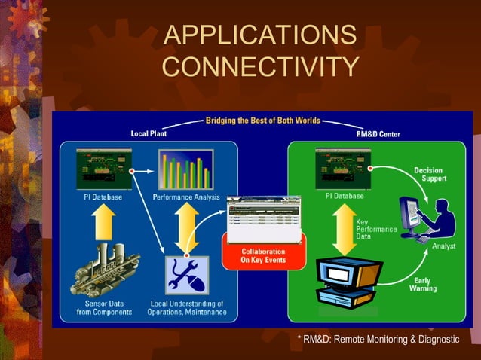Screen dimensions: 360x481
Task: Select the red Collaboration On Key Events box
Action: point(262,255)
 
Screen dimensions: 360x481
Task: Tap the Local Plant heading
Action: point(149,133)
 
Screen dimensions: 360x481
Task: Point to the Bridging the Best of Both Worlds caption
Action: point(262,121)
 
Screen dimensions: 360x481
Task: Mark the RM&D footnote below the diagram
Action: point(378,340)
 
